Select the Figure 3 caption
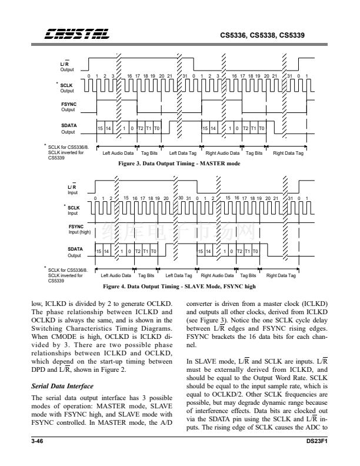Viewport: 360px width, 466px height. coord(179,162)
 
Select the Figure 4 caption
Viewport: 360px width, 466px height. coord(179,287)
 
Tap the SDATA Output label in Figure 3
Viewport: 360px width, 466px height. coord(69,128)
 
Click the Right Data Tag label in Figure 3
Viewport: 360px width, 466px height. coord(288,154)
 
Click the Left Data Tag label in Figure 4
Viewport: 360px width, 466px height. coord(179,275)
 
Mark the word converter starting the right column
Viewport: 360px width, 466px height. coord(200,304)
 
